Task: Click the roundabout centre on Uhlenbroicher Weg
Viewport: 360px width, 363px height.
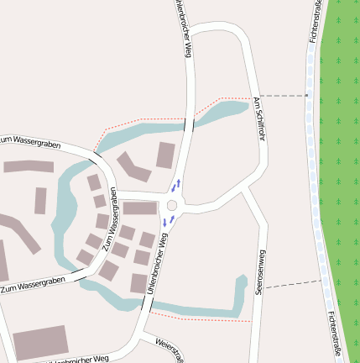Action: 173,205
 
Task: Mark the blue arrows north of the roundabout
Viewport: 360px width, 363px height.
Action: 176,184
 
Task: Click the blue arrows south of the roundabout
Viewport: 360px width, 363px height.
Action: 169,221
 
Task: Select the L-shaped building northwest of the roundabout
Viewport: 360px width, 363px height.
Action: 133,167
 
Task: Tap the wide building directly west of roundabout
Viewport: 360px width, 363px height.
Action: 140,208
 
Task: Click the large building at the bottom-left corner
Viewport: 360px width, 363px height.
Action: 40,342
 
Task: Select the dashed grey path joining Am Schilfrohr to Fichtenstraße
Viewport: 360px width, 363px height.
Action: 284,96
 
